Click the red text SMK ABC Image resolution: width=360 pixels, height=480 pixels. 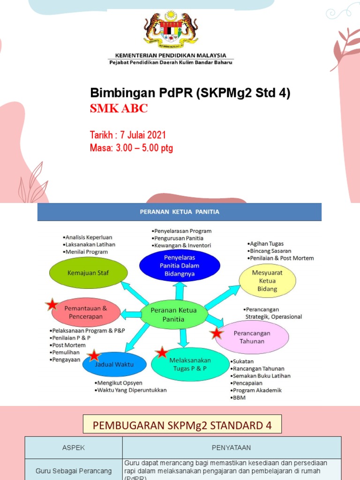pos(119,109)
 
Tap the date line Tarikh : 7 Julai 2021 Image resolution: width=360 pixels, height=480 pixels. pos(128,135)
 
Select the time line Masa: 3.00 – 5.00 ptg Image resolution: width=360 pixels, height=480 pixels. pos(131,149)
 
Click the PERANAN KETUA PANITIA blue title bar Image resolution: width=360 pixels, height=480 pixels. pos(180,212)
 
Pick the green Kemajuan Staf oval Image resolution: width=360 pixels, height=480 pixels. pos(89,273)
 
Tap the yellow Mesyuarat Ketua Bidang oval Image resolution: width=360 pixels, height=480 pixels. pos(267,281)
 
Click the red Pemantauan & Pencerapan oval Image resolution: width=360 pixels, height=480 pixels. pos(86,312)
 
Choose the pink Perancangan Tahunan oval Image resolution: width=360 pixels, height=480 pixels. pos(252,337)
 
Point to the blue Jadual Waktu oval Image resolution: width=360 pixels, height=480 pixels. pos(114,364)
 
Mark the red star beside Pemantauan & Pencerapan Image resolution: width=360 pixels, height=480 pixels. pos(52,305)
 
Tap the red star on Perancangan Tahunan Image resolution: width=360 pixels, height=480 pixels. pos(216,333)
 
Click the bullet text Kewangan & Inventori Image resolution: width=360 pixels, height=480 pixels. pos(181,245)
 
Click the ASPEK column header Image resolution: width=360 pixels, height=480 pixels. pos(74,448)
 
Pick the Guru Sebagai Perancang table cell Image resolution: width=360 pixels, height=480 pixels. pos(74,471)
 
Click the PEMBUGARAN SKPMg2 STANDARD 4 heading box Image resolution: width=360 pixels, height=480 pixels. pos(182,426)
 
